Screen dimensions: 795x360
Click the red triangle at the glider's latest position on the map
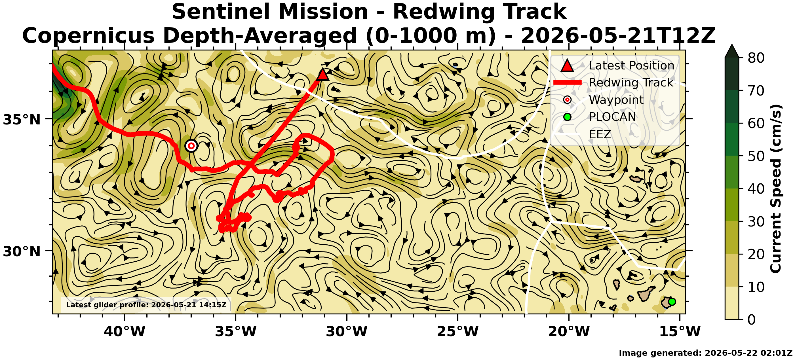click(x=322, y=75)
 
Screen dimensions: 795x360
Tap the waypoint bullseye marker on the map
click(x=191, y=146)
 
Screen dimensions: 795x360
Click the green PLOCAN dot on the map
click(x=672, y=302)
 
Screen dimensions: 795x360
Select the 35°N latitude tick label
click(x=22, y=120)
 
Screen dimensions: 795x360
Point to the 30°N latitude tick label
click(x=22, y=252)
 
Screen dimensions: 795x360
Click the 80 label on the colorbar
click(x=756, y=58)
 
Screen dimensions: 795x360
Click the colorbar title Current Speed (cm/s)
click(x=775, y=189)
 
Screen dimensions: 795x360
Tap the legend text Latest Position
click(x=631, y=65)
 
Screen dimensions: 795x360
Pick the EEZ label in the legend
click(x=600, y=134)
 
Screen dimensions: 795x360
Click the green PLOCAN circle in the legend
click(x=567, y=117)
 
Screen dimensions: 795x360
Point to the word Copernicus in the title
click(x=88, y=36)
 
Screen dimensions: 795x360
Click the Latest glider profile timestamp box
click(x=146, y=305)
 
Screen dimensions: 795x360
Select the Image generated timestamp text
click(x=705, y=353)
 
